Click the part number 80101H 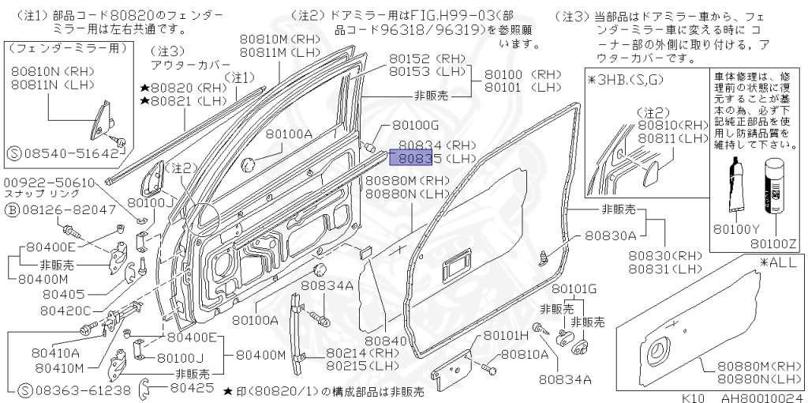point(506,335)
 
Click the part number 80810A point(525,355)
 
